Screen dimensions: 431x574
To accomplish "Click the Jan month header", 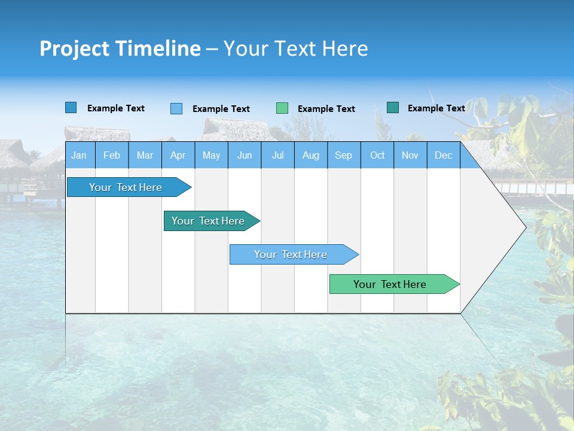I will pos(80,155).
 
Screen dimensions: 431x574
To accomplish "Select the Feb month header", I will pos(112,155).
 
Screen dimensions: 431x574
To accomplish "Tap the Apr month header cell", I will pos(178,155).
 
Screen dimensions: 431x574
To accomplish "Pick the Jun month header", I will pos(245,155).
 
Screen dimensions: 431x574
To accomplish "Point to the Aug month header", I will pos(311,155).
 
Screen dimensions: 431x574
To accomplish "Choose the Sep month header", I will pos(344,155).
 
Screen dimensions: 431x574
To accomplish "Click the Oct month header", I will pos(377,155).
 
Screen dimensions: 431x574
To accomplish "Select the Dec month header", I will pos(444,155).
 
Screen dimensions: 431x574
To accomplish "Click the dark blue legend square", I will pos(71,108).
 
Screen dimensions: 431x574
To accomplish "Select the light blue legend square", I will pos(176,108).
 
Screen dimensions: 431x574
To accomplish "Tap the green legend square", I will pos(282,108).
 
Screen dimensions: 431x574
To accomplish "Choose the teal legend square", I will pos(393,108).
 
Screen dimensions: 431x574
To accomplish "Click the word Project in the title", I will pos(74,48).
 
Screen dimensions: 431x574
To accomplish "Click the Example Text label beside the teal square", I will pos(436,108).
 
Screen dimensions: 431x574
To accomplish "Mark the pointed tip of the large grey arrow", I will pos(525,227).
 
